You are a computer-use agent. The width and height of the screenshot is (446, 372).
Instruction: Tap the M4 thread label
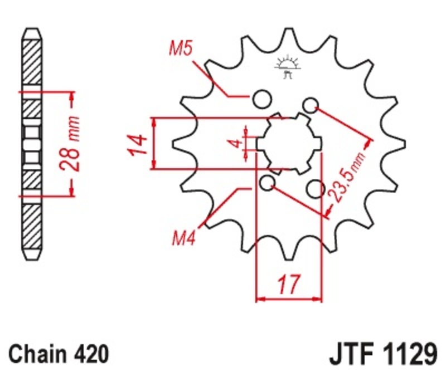coord(183,240)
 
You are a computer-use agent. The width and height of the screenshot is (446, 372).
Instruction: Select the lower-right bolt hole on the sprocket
coord(316,189)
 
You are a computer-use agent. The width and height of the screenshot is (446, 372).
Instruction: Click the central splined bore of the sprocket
coord(288,143)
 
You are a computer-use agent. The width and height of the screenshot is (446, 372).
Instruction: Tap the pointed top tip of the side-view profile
coord(32,28)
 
